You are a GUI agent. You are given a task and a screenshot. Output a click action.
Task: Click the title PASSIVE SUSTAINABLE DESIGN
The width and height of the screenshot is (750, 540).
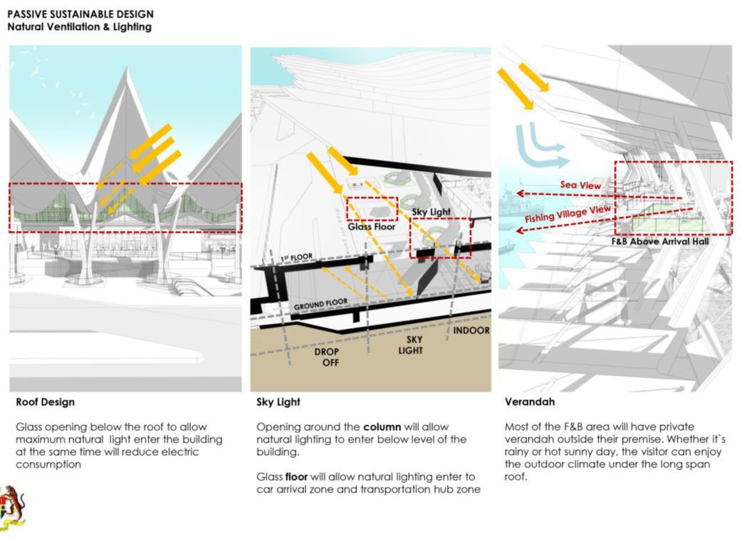tap(80, 14)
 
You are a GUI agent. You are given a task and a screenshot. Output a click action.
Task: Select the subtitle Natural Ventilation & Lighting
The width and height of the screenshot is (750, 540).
tap(79, 27)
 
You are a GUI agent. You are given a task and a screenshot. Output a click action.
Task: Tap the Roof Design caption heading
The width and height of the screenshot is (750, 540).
tap(45, 402)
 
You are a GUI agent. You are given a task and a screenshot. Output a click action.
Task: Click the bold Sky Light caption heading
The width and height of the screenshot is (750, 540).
tap(278, 402)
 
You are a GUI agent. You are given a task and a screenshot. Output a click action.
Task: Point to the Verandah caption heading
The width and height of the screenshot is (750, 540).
tap(530, 402)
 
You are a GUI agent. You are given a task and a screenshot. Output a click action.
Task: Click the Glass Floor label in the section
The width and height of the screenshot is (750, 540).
tap(371, 227)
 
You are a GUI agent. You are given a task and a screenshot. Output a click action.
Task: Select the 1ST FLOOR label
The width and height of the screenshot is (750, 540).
tap(296, 258)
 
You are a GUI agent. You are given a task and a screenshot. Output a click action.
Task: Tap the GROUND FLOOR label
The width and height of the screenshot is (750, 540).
tap(321, 304)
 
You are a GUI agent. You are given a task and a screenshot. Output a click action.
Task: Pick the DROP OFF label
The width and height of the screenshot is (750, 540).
tap(326, 357)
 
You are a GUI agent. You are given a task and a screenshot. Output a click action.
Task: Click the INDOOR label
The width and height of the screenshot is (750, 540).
tap(472, 331)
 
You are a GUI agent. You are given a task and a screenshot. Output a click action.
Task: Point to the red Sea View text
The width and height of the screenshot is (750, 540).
tap(580, 185)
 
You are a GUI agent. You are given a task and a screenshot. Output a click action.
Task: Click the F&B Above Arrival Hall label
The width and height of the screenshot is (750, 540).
tap(660, 242)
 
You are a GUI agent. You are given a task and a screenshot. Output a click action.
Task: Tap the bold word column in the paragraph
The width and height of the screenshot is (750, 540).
tap(382, 427)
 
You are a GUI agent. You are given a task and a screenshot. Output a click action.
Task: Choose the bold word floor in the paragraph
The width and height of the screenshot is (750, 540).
tap(298, 477)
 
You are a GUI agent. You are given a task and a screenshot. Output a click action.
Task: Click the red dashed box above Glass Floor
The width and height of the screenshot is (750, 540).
tap(372, 208)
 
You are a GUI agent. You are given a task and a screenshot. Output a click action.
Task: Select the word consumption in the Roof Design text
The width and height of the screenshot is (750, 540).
tap(48, 464)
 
